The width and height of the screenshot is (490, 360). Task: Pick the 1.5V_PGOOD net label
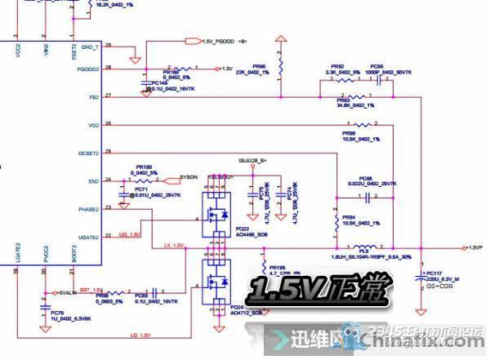[219, 40]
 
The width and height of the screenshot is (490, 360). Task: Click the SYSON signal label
[188, 176]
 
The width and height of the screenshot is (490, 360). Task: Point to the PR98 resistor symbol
[363, 124]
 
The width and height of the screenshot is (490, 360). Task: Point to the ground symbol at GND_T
[131, 60]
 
